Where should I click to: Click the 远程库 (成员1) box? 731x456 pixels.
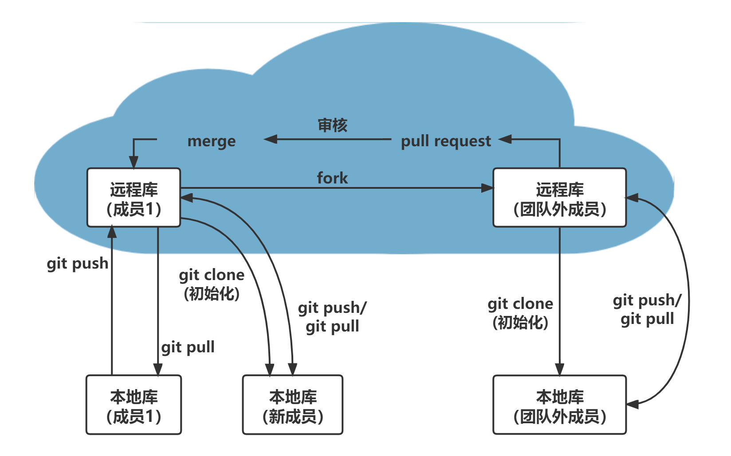click(x=134, y=198)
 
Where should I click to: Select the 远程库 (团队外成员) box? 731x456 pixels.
click(x=559, y=198)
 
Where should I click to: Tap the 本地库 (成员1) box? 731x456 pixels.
click(x=134, y=405)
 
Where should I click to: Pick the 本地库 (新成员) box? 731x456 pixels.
click(x=293, y=405)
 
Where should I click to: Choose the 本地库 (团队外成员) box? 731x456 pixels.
click(x=559, y=405)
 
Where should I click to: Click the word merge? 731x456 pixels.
click(x=212, y=141)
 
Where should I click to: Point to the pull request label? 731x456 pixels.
click(x=446, y=141)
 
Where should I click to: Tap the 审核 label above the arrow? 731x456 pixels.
click(x=332, y=125)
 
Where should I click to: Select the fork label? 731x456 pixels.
click(x=332, y=178)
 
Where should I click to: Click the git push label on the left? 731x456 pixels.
click(x=78, y=264)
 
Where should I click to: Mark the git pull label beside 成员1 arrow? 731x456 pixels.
click(x=188, y=347)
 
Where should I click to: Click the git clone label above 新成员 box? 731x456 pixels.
click(x=212, y=284)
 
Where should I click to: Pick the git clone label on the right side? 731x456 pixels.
click(x=520, y=313)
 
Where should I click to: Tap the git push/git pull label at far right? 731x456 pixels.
click(x=647, y=309)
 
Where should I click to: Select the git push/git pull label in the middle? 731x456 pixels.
click(x=332, y=317)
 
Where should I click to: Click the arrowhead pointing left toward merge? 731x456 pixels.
click(x=270, y=139)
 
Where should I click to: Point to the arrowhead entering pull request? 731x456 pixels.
click(x=505, y=139)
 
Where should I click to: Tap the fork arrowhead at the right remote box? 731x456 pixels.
click(x=487, y=188)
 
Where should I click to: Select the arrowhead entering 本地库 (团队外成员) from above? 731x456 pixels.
click(x=559, y=370)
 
